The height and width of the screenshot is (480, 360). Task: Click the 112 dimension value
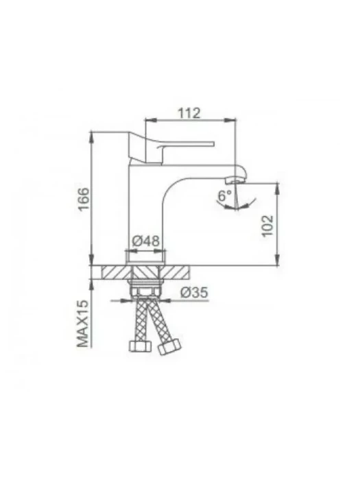point(189,113)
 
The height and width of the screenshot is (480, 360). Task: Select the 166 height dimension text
point(84,199)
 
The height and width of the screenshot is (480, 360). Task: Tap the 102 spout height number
point(267,226)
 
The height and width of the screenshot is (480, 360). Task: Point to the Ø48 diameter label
point(145,241)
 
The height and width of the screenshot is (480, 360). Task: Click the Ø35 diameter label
point(194,293)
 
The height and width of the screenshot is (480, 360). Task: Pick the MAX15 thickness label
point(83,324)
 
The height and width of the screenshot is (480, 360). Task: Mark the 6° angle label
point(225,195)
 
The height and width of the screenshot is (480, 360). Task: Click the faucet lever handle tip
point(213,143)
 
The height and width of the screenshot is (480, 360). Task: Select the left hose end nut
point(140,346)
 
